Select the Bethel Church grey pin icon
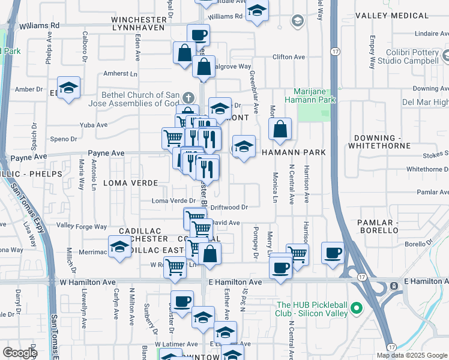189,97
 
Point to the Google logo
19,353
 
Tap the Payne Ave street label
106,154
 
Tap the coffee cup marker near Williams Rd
199,34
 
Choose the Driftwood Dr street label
229,207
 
